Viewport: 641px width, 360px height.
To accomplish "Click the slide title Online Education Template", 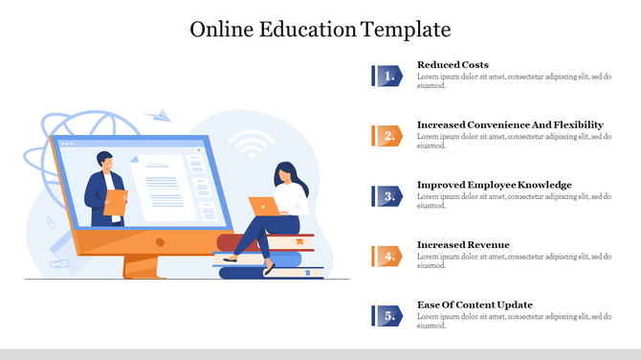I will [x=320, y=29].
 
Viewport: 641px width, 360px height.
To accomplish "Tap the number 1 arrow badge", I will [x=387, y=76].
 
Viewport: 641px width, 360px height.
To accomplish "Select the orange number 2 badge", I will [x=387, y=136].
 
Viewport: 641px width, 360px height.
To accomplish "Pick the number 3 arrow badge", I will [x=387, y=196].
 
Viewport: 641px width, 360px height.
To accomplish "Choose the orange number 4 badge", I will [x=387, y=256].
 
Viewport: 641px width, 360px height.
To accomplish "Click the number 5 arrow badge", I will [x=387, y=316].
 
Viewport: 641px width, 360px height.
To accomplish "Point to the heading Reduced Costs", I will [x=453, y=65].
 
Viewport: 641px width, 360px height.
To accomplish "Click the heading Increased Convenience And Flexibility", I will [x=510, y=124].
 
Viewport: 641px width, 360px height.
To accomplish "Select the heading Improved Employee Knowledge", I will [x=494, y=185].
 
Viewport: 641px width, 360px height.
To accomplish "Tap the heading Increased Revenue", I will [x=463, y=245].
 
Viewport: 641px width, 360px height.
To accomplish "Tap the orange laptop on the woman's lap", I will [x=263, y=206].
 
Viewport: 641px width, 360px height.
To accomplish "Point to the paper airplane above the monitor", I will [x=163, y=116].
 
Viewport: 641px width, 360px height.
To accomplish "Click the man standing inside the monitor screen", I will [x=103, y=189].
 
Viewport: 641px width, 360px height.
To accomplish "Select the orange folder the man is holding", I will [x=116, y=202].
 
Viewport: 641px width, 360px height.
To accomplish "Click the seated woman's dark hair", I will [x=284, y=174].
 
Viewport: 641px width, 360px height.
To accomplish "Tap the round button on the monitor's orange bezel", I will [x=160, y=242].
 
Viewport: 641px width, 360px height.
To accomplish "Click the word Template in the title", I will [x=407, y=29].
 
